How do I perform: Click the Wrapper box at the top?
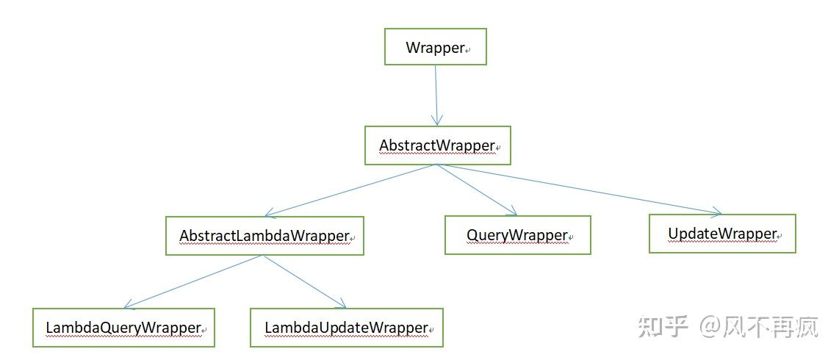(436, 48)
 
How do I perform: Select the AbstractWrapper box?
(437, 145)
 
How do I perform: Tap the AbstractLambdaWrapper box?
(264, 236)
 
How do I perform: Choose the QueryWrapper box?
(517, 235)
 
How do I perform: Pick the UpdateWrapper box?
(721, 234)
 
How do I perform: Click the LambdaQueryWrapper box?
(123, 327)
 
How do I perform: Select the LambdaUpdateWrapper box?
(346, 327)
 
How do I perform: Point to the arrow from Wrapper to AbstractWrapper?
(436, 94)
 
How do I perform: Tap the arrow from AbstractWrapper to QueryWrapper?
(478, 190)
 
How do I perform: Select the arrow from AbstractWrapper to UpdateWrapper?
(580, 189)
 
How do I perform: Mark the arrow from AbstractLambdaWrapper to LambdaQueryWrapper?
(192, 281)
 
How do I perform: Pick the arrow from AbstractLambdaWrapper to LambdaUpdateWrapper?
(303, 281)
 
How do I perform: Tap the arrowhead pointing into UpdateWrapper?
(716, 212)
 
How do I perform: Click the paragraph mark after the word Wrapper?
(468, 51)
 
